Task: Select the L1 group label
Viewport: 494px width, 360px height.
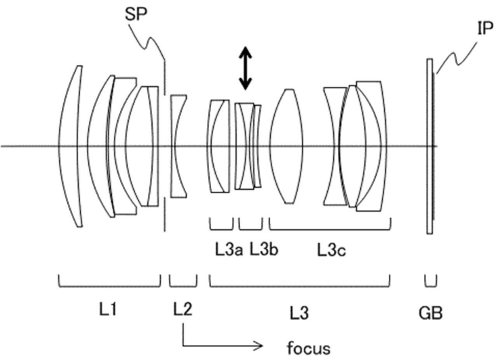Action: click(109, 311)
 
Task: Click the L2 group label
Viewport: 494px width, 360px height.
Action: click(183, 311)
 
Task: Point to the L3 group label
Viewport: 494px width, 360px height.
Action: click(299, 312)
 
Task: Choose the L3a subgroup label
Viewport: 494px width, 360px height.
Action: click(222, 250)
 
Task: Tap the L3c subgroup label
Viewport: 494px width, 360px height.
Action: click(331, 250)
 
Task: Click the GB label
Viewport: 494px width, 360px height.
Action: click(431, 312)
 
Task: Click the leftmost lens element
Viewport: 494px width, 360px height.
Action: click(71, 146)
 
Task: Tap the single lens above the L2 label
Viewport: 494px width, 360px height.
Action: click(178, 146)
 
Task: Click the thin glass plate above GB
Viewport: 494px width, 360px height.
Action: click(430, 146)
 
